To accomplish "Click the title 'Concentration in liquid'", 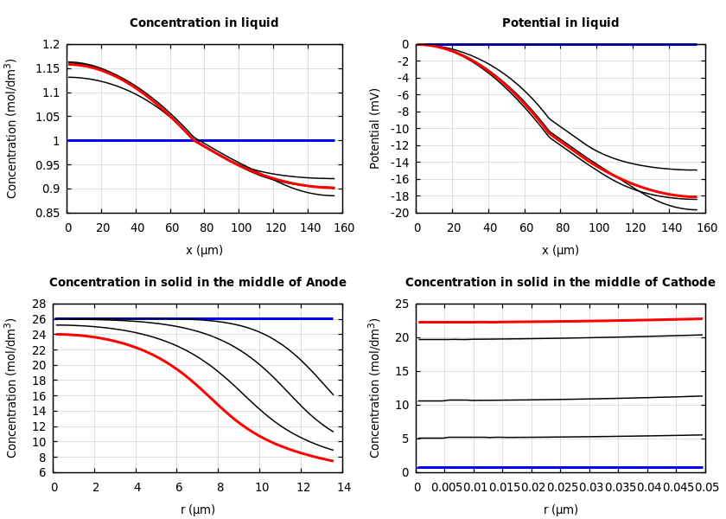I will [x=204, y=23].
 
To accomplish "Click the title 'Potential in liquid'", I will [x=560, y=23].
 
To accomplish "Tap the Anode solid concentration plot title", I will [x=197, y=283].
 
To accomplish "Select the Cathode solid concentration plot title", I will [x=560, y=283].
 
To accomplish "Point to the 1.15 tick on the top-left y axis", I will [x=50, y=68].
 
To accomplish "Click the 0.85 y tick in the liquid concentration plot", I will [x=50, y=213].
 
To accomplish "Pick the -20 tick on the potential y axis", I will [x=400, y=213].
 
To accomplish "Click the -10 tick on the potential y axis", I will [x=400, y=129].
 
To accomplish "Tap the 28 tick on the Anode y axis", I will [x=38, y=304].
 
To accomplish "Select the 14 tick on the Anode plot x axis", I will [x=343, y=488].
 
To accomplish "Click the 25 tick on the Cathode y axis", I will [x=401, y=304].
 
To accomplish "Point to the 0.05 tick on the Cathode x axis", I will [x=708, y=488].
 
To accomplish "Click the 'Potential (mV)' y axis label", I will [x=375, y=128].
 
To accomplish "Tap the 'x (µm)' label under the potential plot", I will [x=560, y=251].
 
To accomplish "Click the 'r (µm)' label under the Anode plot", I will [x=197, y=510].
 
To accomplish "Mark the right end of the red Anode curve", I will [x=333, y=461].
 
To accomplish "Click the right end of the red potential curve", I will [x=696, y=197].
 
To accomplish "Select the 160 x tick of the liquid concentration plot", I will [x=343, y=228].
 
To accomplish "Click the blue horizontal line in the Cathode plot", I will [x=560, y=467].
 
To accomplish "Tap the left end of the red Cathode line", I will [x=419, y=322].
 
